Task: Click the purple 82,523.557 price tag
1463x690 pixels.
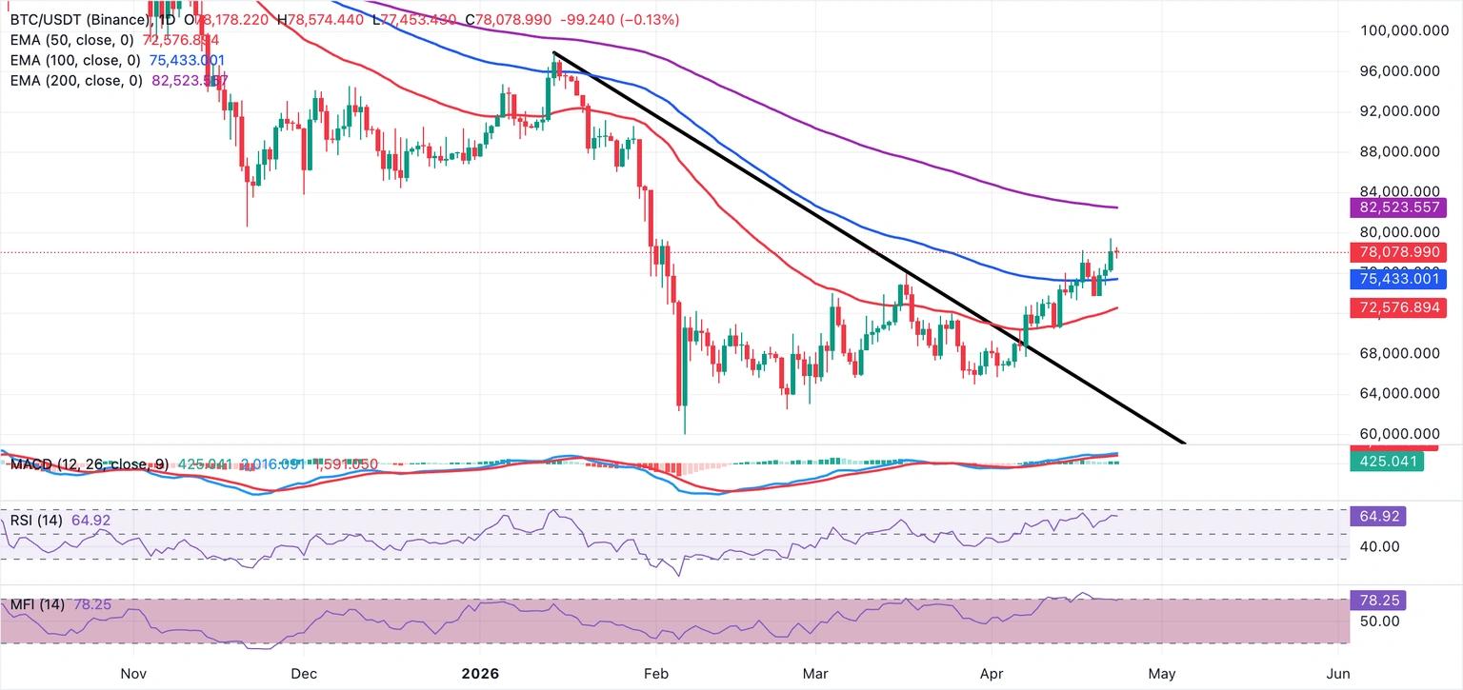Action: coord(1396,207)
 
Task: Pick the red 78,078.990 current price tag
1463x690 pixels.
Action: coord(1396,253)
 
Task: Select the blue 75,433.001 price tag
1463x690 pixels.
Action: coord(1396,279)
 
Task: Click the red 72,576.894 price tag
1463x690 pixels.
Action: coord(1396,307)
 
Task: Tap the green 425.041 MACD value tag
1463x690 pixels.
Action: coord(1387,463)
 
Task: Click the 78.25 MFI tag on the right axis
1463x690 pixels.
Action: coord(1377,601)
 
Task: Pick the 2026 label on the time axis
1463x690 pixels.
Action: coord(480,674)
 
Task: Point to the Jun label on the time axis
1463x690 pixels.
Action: coord(1337,674)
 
